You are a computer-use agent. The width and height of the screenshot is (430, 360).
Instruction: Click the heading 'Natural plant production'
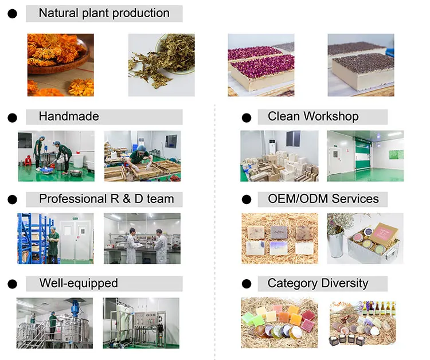coord(104,13)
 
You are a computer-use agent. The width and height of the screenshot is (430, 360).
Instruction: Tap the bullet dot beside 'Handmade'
coord(12,118)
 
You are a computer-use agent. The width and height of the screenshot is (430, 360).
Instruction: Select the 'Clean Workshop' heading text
coord(313,116)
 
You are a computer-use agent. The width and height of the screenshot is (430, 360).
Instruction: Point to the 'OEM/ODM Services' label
coord(323,199)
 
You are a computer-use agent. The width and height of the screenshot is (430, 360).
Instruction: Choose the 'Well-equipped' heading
coord(79,283)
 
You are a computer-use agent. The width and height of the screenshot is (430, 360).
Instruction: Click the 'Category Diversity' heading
coord(318,283)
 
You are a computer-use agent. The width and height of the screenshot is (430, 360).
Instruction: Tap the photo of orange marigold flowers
coord(60,65)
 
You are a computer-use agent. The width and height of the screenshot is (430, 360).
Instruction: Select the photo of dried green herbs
coord(161,65)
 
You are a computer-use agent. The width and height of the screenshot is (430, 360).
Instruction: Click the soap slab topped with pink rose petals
coord(261,65)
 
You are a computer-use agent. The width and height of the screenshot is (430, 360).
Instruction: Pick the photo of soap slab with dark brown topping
coord(361,65)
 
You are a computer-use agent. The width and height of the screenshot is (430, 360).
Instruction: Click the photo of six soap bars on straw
coord(279,238)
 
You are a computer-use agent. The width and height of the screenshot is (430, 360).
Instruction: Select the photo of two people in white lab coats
coord(142,238)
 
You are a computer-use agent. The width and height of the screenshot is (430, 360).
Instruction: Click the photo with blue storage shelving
coord(56,238)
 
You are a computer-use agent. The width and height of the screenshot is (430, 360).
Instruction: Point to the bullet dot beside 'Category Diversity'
coord(247,284)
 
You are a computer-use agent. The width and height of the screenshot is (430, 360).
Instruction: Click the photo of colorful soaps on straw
coord(279,323)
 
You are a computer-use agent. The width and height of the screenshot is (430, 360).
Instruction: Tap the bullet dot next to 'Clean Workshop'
coord(247,118)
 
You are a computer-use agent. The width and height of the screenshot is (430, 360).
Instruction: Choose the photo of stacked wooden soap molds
coord(279,156)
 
